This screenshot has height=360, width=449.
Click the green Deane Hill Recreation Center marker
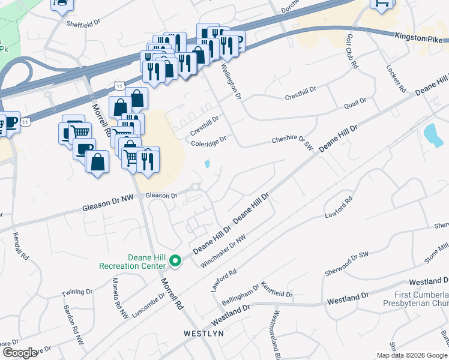pyautogui.click(x=175, y=260)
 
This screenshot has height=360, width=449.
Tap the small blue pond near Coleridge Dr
pyautogui.click(x=207, y=163)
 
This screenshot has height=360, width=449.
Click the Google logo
pyautogui.click(x=19, y=352)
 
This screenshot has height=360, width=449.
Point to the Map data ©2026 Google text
pyautogui.click(x=412, y=355)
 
